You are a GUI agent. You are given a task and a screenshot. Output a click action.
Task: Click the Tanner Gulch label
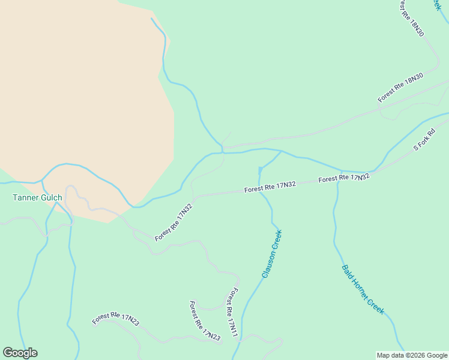[37, 197]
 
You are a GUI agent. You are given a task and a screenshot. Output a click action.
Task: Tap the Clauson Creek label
[271, 254]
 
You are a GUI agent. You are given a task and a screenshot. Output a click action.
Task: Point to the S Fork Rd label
[424, 140]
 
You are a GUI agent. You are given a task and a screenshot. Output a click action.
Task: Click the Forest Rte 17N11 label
[232, 311]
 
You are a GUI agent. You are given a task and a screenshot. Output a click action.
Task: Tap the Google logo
[20, 353]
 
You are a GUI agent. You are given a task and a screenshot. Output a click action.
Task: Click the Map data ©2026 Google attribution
[412, 355]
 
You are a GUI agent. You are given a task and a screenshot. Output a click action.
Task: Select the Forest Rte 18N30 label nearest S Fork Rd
[400, 87]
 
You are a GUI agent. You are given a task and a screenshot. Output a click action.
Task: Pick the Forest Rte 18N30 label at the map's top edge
[412, 18]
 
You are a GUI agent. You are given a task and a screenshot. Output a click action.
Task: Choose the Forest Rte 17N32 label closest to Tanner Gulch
[173, 223]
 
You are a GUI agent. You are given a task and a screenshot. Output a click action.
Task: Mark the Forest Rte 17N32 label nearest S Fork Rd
[344, 178]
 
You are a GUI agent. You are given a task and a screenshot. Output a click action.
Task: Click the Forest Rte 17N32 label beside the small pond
[270, 187]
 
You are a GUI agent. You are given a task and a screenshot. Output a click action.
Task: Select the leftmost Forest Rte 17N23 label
[116, 319]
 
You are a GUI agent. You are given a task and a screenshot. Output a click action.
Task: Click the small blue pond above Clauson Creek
[261, 170]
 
